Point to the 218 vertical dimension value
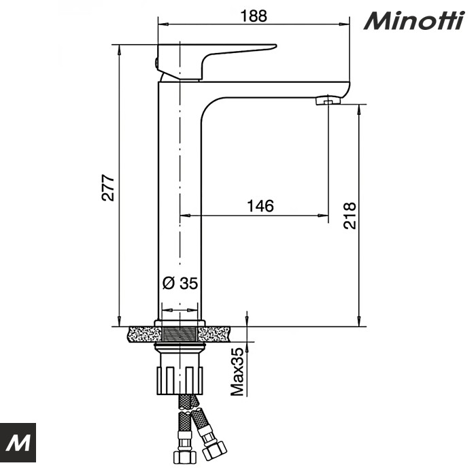tap(350, 216)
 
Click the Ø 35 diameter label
tap(180, 284)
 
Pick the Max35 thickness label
tap(237, 371)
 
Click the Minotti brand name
tap(414, 20)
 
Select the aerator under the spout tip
tap(328, 101)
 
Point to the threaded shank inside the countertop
tap(180, 335)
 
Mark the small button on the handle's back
tap(156, 64)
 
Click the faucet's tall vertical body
tap(180, 204)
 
